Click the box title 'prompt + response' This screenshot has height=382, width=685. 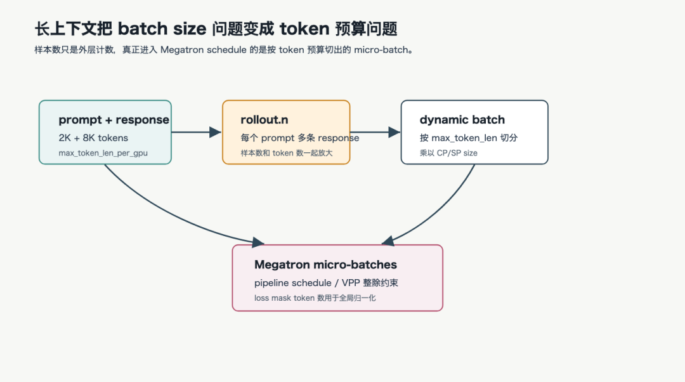click(114, 120)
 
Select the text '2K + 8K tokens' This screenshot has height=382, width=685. click(93, 138)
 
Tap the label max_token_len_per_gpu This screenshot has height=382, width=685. click(103, 153)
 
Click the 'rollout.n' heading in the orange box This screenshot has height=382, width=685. click(264, 120)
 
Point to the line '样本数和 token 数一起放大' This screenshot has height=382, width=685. click(287, 153)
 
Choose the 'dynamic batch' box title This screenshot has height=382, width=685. click(462, 120)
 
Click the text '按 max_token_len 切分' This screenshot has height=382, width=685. click(469, 138)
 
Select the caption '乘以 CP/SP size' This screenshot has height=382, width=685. click(448, 153)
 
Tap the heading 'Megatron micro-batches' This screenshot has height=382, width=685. click(325, 265)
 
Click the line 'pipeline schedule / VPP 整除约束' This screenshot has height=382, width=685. click(327, 283)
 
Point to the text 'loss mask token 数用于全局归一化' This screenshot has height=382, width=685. click(315, 298)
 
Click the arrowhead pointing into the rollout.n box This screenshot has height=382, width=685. click(216, 132)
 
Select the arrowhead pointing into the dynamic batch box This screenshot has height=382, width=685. click(395, 132)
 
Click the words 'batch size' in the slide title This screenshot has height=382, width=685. click(162, 29)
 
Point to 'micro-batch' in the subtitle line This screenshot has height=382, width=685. click(381, 50)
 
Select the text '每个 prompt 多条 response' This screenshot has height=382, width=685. click(299, 138)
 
